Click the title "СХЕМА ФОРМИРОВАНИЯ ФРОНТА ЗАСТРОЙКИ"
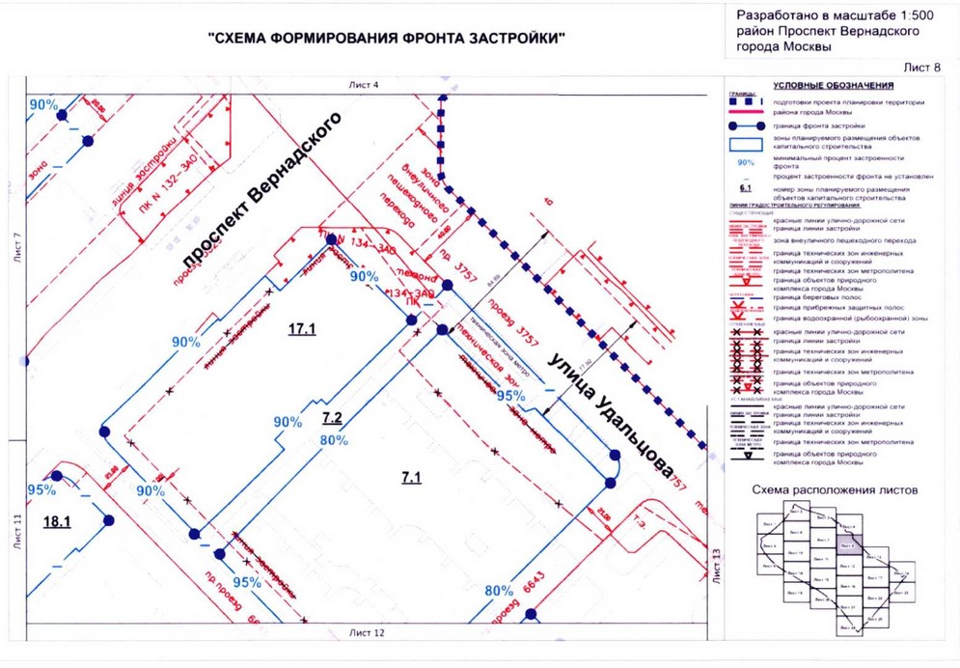click(x=386, y=40)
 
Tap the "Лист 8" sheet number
click(x=921, y=67)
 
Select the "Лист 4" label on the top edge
click(x=364, y=86)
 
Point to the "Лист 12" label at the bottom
click(x=365, y=633)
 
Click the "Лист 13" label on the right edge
click(x=716, y=566)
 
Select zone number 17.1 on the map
click(x=302, y=329)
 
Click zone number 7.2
click(x=333, y=418)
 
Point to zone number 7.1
click(x=412, y=475)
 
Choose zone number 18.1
click(x=59, y=521)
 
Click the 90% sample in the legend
click(x=743, y=163)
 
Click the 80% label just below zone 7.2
click(x=335, y=440)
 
